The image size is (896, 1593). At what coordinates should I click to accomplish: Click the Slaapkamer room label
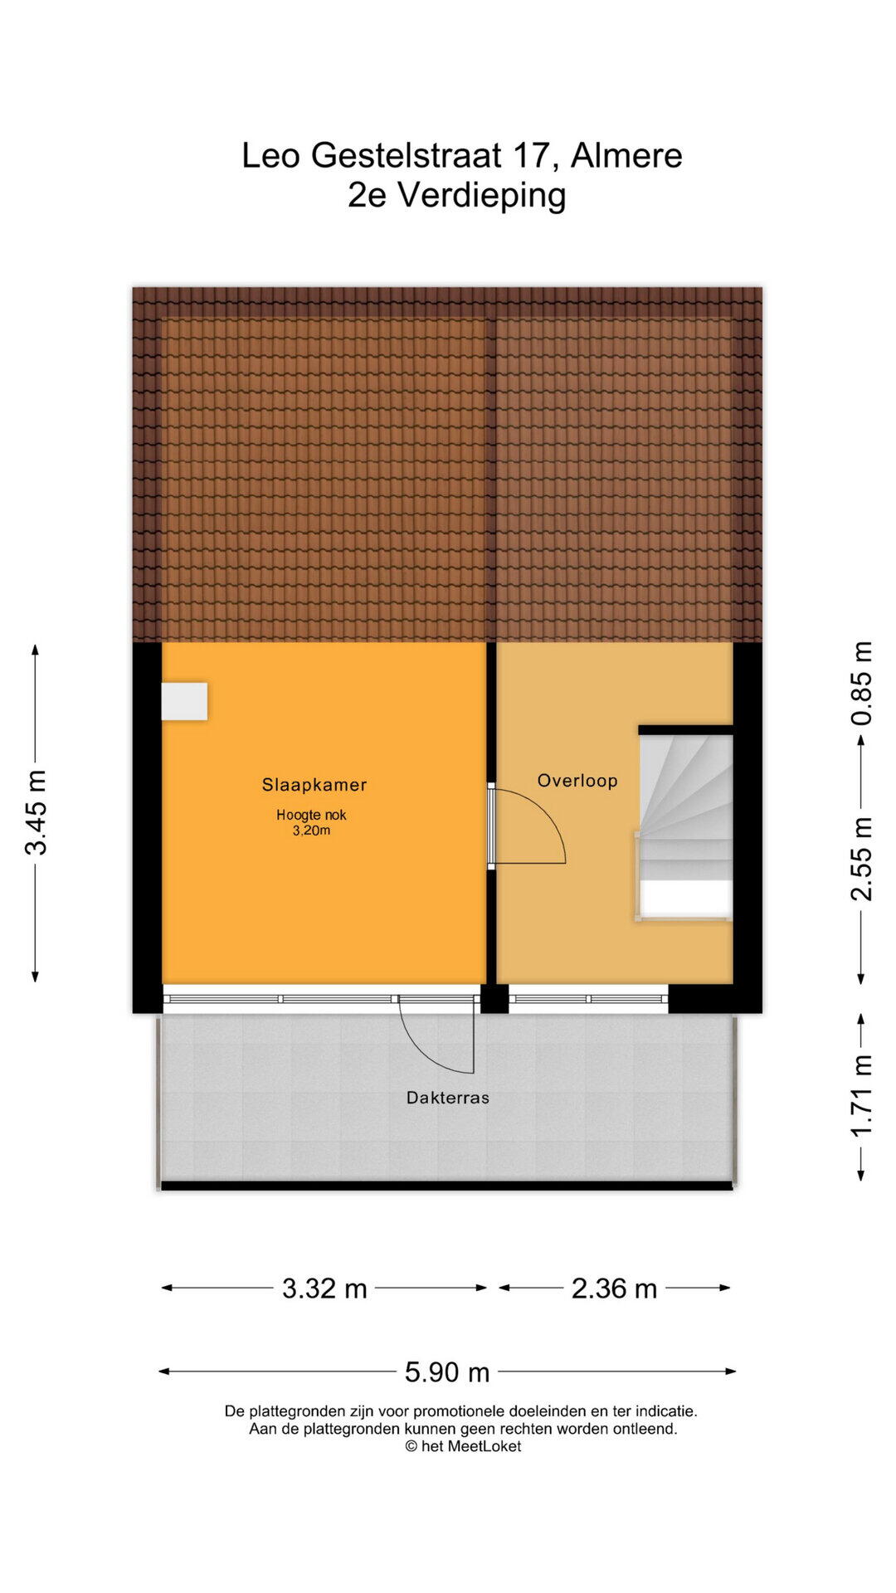pyautogui.click(x=314, y=785)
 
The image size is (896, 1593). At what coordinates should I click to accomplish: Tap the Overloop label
pyautogui.click(x=577, y=781)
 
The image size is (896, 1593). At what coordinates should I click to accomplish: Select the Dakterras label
pyautogui.click(x=448, y=1098)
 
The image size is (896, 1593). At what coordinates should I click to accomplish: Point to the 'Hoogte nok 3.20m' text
pyautogui.click(x=311, y=822)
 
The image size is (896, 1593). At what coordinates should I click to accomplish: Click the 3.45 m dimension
pyautogui.click(x=36, y=812)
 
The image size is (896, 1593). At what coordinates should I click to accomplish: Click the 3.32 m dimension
pyautogui.click(x=324, y=1289)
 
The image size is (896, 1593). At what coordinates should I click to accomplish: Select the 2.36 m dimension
pyautogui.click(x=614, y=1289)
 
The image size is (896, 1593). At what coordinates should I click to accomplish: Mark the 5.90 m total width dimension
pyautogui.click(x=447, y=1372)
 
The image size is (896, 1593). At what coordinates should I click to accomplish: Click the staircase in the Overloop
pyautogui.click(x=684, y=826)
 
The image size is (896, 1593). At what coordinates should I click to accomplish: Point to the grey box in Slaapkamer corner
pyautogui.click(x=184, y=701)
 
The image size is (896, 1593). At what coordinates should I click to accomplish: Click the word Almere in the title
pyautogui.click(x=626, y=155)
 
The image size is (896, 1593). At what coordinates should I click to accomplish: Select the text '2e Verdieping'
pyautogui.click(x=457, y=196)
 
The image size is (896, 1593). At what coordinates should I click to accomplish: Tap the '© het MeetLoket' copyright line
pyautogui.click(x=463, y=1446)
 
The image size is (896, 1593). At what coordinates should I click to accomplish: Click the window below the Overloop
pyautogui.click(x=588, y=999)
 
